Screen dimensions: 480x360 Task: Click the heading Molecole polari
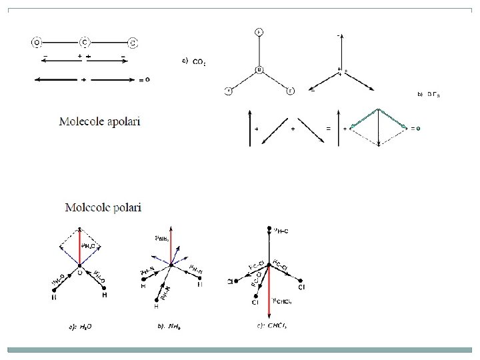pos(103,207)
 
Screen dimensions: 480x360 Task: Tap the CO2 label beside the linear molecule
pos(199,63)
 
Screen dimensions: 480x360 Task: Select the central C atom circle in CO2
pos(84,43)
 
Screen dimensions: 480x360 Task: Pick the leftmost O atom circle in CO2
pos(35,43)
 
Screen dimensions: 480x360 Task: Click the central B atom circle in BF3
pos(260,70)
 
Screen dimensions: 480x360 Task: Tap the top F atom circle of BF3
pos(259,32)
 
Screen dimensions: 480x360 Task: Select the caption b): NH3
pos(169,327)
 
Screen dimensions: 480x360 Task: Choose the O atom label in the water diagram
pos(81,272)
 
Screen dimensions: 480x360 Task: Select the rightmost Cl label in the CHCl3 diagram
pos(302,287)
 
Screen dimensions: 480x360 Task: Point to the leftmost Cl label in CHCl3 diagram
pos(231,283)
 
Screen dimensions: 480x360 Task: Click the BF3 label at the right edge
pos(433,94)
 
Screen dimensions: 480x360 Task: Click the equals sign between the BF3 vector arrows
pos(327,127)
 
